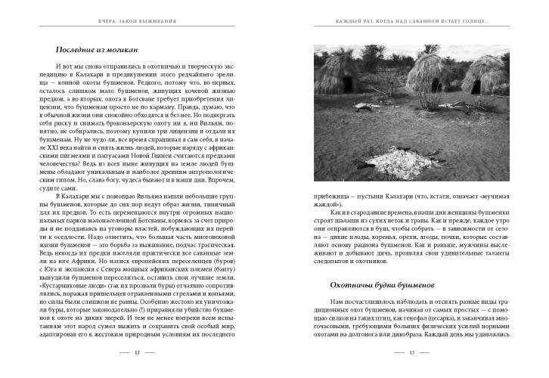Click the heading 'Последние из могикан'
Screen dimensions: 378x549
tap(98, 50)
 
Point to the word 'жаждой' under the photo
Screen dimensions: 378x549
tap(328, 203)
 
